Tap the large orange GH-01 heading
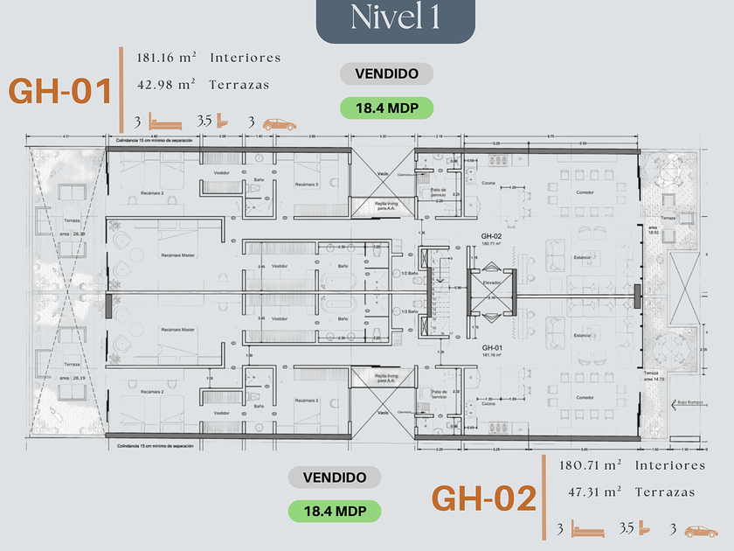coord(61,92)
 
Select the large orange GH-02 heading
coord(483,499)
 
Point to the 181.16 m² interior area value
coord(166,58)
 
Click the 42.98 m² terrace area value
coord(166,86)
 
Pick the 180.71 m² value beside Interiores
coord(590,465)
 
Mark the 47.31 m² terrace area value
coord(592,492)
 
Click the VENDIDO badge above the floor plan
coord(386,74)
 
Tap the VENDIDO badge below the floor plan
coord(335,478)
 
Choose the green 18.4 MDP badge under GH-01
coord(386,108)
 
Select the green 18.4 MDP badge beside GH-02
coord(335,511)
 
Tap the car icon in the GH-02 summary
coord(701,530)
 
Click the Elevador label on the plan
coord(491,282)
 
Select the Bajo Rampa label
coord(689,403)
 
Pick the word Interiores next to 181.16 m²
coord(246,58)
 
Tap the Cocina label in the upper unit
coord(488,182)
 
